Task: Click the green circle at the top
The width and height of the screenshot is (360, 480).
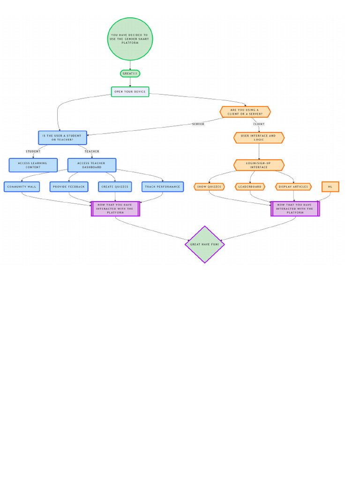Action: [x=130, y=39]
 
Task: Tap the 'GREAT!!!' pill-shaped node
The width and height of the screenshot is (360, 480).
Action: [x=130, y=74]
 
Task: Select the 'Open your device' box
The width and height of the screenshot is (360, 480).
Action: [x=130, y=92]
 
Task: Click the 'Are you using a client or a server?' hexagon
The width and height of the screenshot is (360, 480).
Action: [x=245, y=112]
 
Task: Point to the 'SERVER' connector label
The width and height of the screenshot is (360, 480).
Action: [x=198, y=124]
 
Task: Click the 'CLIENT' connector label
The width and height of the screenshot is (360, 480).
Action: [x=259, y=124]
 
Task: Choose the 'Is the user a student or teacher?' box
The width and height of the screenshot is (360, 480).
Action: [x=62, y=138]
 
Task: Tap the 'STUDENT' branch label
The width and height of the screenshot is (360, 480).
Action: [x=33, y=151]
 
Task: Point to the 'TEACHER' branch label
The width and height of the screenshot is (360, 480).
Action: [x=92, y=151]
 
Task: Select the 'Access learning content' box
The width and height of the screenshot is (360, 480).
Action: [x=33, y=165]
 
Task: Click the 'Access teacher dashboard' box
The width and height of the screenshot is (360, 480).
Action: [x=92, y=165]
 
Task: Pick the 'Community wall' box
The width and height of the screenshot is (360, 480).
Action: [x=22, y=187]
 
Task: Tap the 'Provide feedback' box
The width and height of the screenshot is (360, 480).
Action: [x=69, y=187]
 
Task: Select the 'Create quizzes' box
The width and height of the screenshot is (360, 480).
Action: [x=115, y=187]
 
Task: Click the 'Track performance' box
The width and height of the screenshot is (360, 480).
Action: [x=163, y=187]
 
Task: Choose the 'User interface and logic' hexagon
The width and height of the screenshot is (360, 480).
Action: [x=259, y=138]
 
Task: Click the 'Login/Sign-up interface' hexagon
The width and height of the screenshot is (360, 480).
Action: [x=259, y=165]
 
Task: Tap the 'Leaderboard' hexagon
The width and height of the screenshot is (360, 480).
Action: [x=250, y=187]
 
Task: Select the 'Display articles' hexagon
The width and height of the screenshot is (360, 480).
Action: [x=293, y=187]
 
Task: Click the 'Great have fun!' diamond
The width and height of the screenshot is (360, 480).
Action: [x=205, y=244]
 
